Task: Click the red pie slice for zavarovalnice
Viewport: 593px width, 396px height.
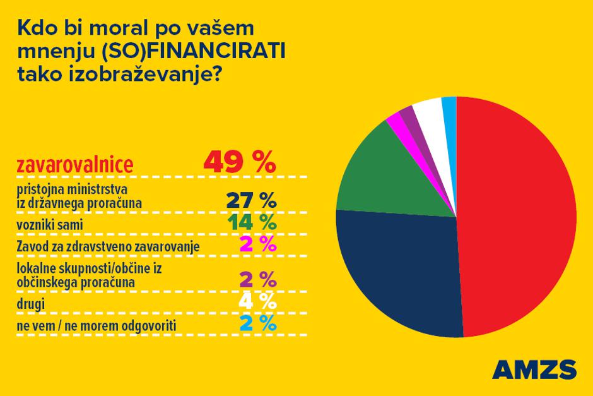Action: pos(517,215)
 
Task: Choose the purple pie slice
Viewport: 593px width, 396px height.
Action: pos(408,117)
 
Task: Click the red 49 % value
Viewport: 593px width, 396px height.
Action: pos(240,163)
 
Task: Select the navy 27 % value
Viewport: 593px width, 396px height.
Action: pos(251,201)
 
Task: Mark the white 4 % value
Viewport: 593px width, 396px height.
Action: pos(258,301)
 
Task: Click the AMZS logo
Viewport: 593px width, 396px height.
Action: pos(533,369)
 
